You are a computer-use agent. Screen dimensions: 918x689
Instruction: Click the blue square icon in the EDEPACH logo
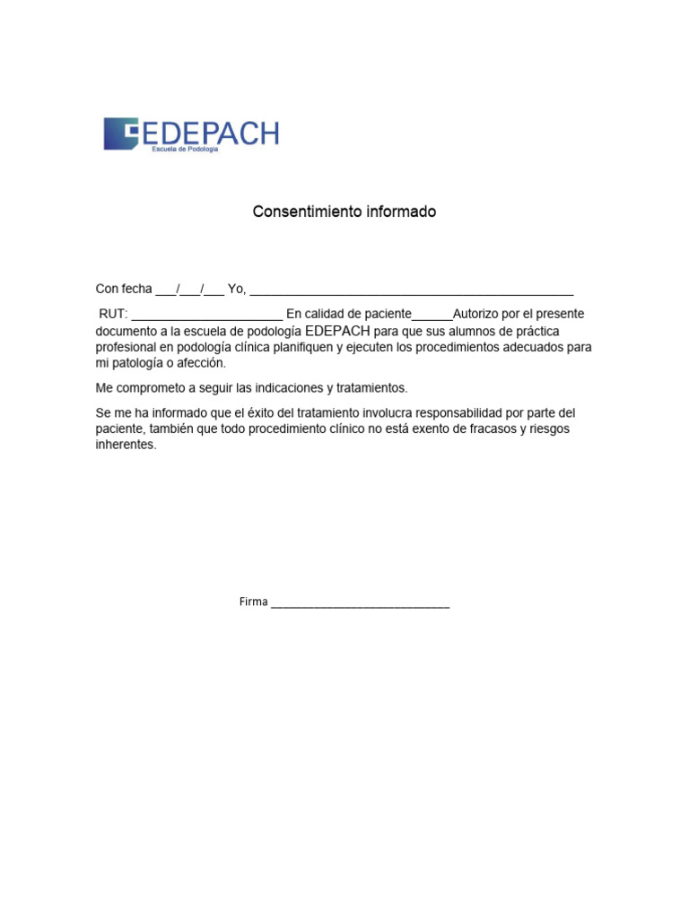coord(120,134)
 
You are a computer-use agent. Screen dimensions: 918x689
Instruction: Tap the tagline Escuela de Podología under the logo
coord(184,149)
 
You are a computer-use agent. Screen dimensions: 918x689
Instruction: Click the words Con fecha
coord(124,289)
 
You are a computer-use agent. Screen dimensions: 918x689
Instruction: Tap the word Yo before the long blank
coord(236,289)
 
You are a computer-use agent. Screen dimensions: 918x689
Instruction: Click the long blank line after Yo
coord(412,292)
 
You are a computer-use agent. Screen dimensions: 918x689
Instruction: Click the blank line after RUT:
coord(207,317)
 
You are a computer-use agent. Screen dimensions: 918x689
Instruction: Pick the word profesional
coord(126,347)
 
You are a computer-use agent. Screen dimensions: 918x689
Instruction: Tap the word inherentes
coord(126,446)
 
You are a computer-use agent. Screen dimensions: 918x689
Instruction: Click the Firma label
coord(253,602)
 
